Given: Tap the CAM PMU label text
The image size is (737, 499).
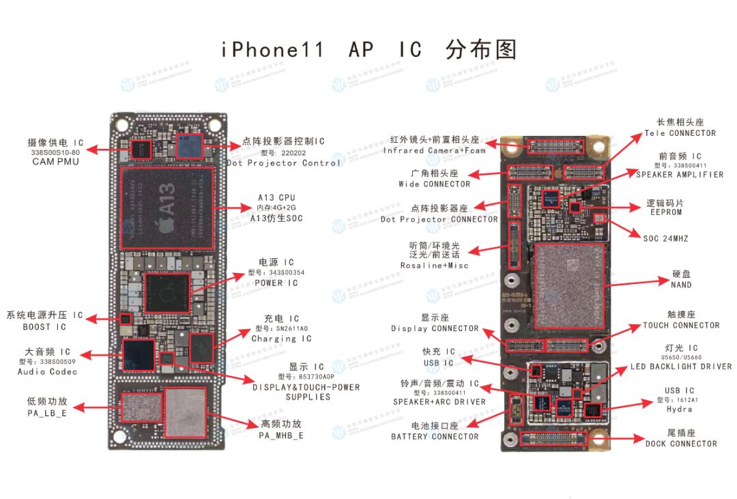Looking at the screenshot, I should tap(56, 162).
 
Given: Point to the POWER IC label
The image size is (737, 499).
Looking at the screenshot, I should tap(276, 283).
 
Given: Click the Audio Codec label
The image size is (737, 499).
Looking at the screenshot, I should tap(48, 372).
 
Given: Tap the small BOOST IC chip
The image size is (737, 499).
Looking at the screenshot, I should tap(125, 319).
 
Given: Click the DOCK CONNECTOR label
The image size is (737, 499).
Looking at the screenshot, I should tap(681, 444).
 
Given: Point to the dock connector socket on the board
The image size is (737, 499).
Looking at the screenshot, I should tap(553, 438).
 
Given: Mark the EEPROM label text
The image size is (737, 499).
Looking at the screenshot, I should tap(665, 212).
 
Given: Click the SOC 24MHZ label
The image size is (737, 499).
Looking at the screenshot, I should tap(666, 239).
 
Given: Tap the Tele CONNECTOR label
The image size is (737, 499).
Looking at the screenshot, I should tap(680, 133).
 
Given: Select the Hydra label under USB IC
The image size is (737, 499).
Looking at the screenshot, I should tap(679, 410).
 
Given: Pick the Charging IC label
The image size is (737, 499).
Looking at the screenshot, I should tap(281, 339).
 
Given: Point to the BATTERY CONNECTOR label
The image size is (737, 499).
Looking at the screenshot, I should tap(435, 437).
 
